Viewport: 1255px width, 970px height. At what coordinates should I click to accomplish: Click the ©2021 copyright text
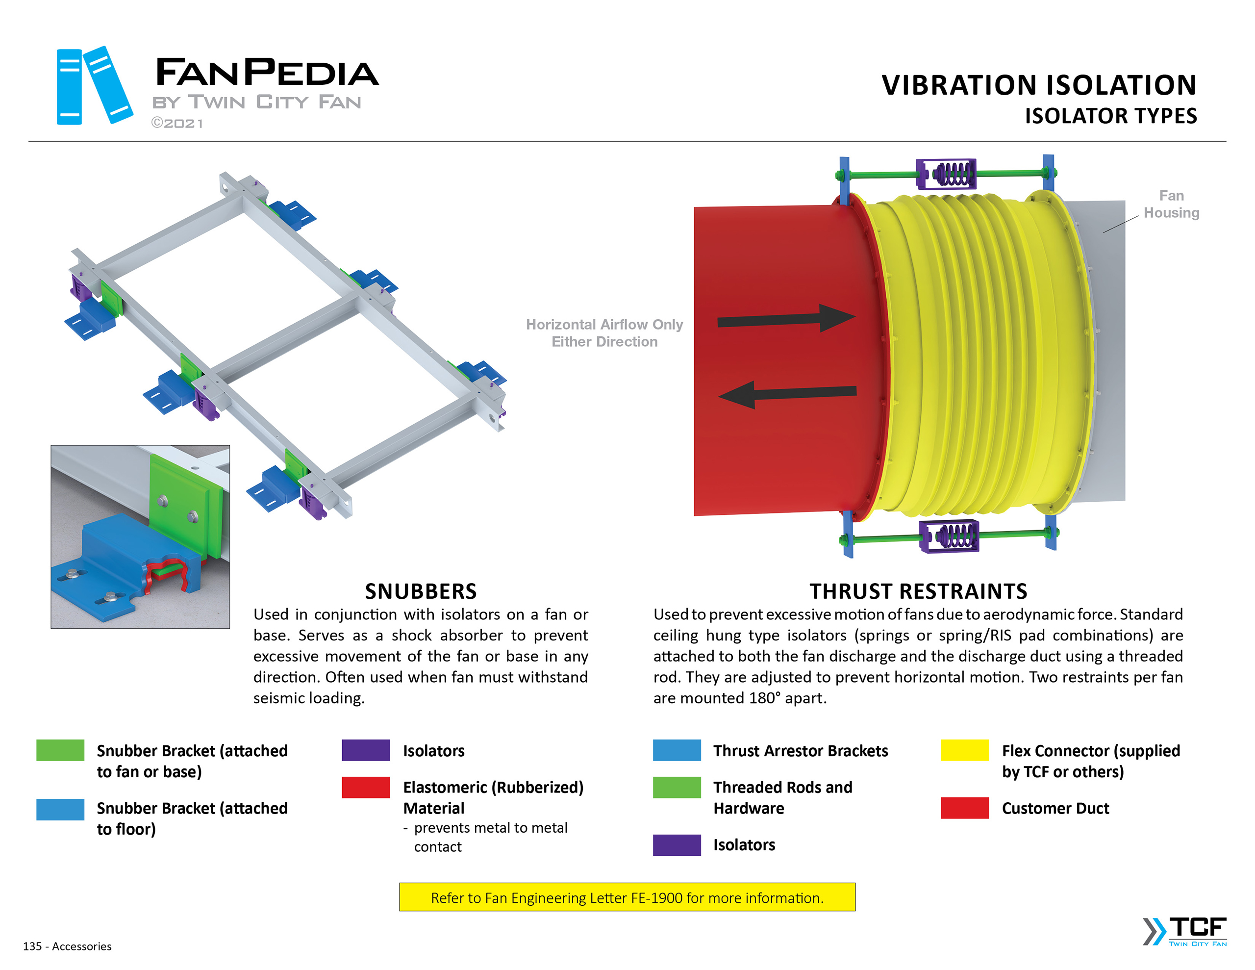[176, 123]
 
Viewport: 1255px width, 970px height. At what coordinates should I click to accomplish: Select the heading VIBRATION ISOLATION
[1038, 85]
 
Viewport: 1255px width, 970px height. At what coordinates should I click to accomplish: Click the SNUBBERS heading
[421, 591]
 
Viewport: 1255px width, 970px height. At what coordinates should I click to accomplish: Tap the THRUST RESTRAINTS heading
[918, 591]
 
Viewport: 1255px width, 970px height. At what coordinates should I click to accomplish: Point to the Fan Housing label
[1171, 204]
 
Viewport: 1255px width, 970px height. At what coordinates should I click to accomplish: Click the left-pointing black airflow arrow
[787, 394]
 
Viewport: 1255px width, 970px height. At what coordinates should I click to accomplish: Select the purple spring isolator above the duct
[946, 174]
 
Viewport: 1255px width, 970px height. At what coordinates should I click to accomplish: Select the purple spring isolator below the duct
[949, 536]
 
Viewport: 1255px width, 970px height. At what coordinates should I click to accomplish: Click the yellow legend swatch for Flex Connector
[964, 750]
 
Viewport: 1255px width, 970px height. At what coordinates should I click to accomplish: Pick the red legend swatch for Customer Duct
[964, 807]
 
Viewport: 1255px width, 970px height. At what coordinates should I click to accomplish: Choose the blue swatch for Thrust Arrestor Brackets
[677, 750]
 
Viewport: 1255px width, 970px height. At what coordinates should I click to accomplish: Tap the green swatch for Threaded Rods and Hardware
[677, 787]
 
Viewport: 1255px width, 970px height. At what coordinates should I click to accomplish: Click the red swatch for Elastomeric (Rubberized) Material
[365, 787]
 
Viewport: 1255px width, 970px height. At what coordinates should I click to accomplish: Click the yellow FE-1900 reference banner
[627, 897]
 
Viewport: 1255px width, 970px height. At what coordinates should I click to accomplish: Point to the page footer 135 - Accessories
[67, 946]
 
